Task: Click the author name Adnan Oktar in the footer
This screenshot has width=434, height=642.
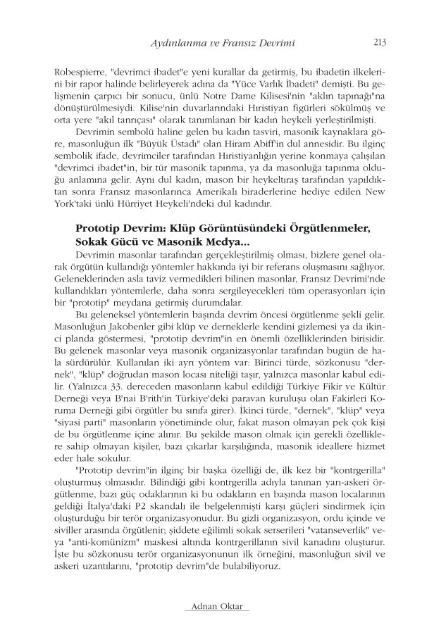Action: pos(217,605)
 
